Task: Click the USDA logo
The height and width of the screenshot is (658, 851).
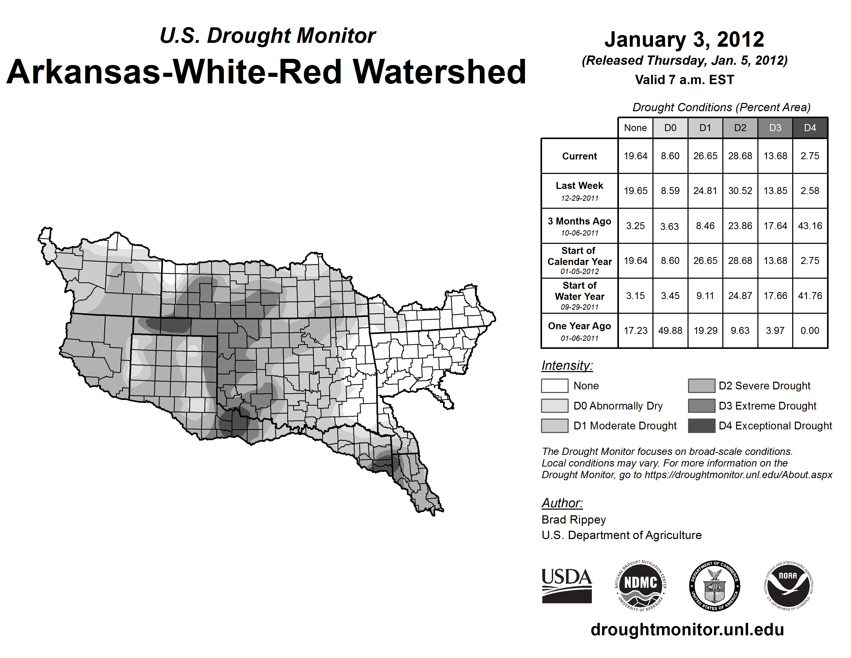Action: click(x=567, y=585)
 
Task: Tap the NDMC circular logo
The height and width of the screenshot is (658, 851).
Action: click(x=641, y=585)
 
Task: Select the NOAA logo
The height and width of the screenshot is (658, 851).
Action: click(x=788, y=585)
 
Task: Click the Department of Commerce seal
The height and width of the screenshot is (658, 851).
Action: click(x=715, y=585)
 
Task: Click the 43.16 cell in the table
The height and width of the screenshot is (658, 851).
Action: click(x=810, y=226)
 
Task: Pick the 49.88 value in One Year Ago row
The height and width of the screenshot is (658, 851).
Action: click(x=670, y=331)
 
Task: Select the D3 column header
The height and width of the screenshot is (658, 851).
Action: click(x=775, y=128)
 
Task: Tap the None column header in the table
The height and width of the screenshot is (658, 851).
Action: click(x=635, y=128)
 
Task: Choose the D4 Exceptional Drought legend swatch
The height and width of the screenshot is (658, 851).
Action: click(x=701, y=426)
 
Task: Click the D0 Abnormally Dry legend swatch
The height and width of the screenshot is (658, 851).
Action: click(x=554, y=405)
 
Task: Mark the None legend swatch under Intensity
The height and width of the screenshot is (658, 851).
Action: click(x=554, y=386)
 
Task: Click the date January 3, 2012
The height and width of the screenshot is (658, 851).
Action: click(x=684, y=39)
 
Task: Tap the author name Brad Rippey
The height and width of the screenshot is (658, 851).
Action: click(x=574, y=520)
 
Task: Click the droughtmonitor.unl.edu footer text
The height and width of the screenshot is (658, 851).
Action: click(x=687, y=630)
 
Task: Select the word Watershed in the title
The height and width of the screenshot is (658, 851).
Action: click(x=439, y=72)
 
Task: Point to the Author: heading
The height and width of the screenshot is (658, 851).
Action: click(x=562, y=503)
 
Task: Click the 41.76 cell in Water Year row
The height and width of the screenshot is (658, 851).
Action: click(x=810, y=296)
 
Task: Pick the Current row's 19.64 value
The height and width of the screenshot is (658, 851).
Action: click(x=635, y=156)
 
